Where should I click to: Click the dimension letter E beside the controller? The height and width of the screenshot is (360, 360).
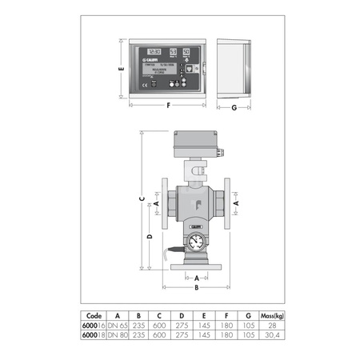(119, 69)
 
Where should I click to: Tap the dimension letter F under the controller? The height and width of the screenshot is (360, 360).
(168, 106)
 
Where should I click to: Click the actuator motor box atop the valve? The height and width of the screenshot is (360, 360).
(195, 143)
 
